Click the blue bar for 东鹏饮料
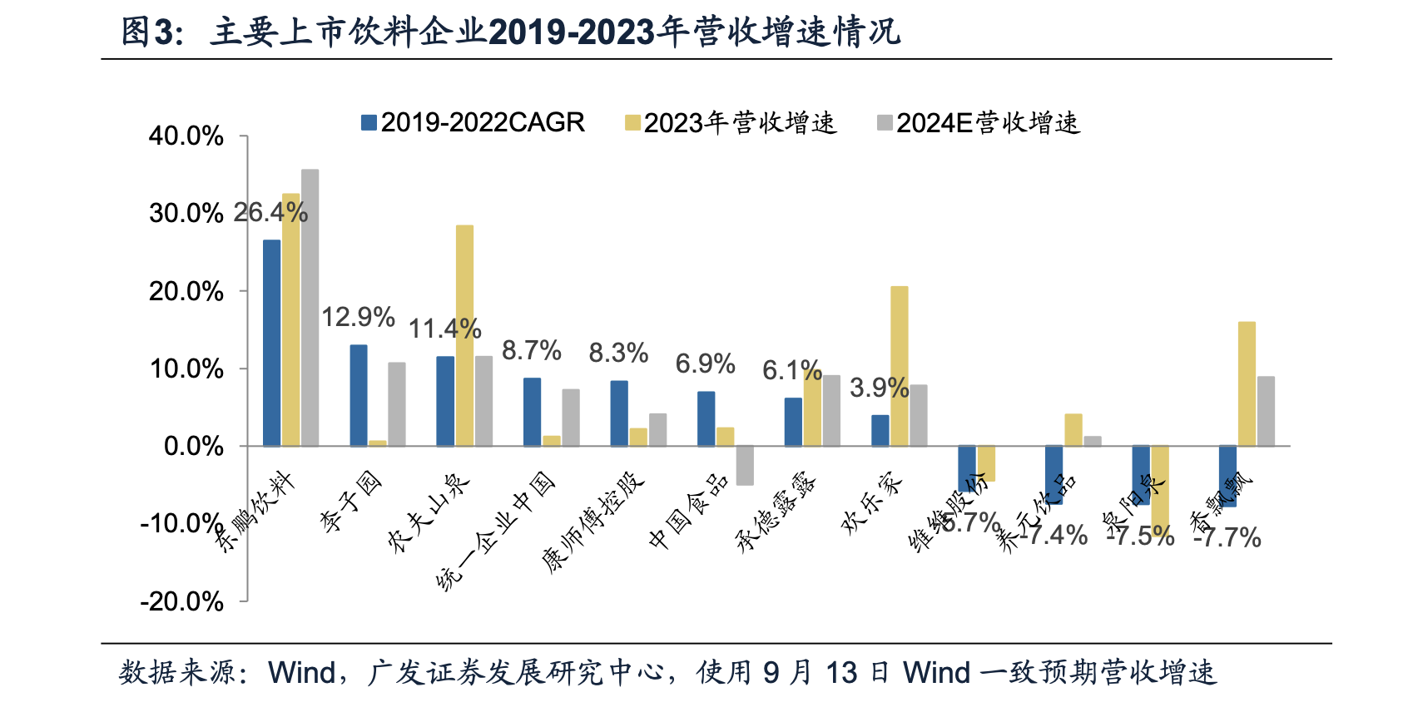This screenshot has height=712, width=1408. (272, 343)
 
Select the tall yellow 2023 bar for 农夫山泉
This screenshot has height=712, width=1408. (464, 335)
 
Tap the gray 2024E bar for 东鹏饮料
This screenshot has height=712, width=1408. (310, 308)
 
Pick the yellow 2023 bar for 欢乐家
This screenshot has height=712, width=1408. (900, 366)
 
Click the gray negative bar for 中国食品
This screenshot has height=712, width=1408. (745, 465)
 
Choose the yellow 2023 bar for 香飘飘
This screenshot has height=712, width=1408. (1247, 383)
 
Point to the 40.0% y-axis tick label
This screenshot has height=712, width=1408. (186, 136)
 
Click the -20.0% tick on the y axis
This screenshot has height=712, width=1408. (181, 601)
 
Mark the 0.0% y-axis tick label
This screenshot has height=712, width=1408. (193, 447)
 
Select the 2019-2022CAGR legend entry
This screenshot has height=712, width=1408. (473, 123)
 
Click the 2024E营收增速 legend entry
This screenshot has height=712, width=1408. (979, 123)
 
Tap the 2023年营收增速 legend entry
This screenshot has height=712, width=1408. (731, 123)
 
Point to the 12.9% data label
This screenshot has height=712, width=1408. (358, 317)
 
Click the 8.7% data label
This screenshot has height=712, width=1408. (532, 350)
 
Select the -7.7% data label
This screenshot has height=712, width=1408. (1228, 538)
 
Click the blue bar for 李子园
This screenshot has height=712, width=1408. (359, 395)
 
